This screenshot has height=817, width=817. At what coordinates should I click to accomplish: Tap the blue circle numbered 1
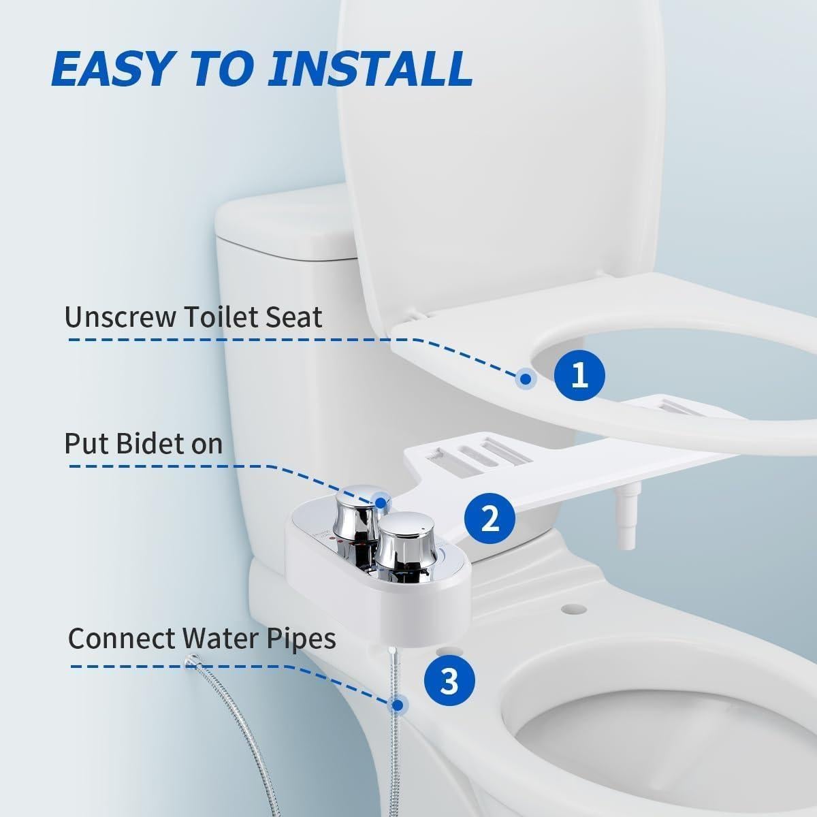579,374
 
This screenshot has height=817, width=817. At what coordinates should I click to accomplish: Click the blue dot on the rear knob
381,503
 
